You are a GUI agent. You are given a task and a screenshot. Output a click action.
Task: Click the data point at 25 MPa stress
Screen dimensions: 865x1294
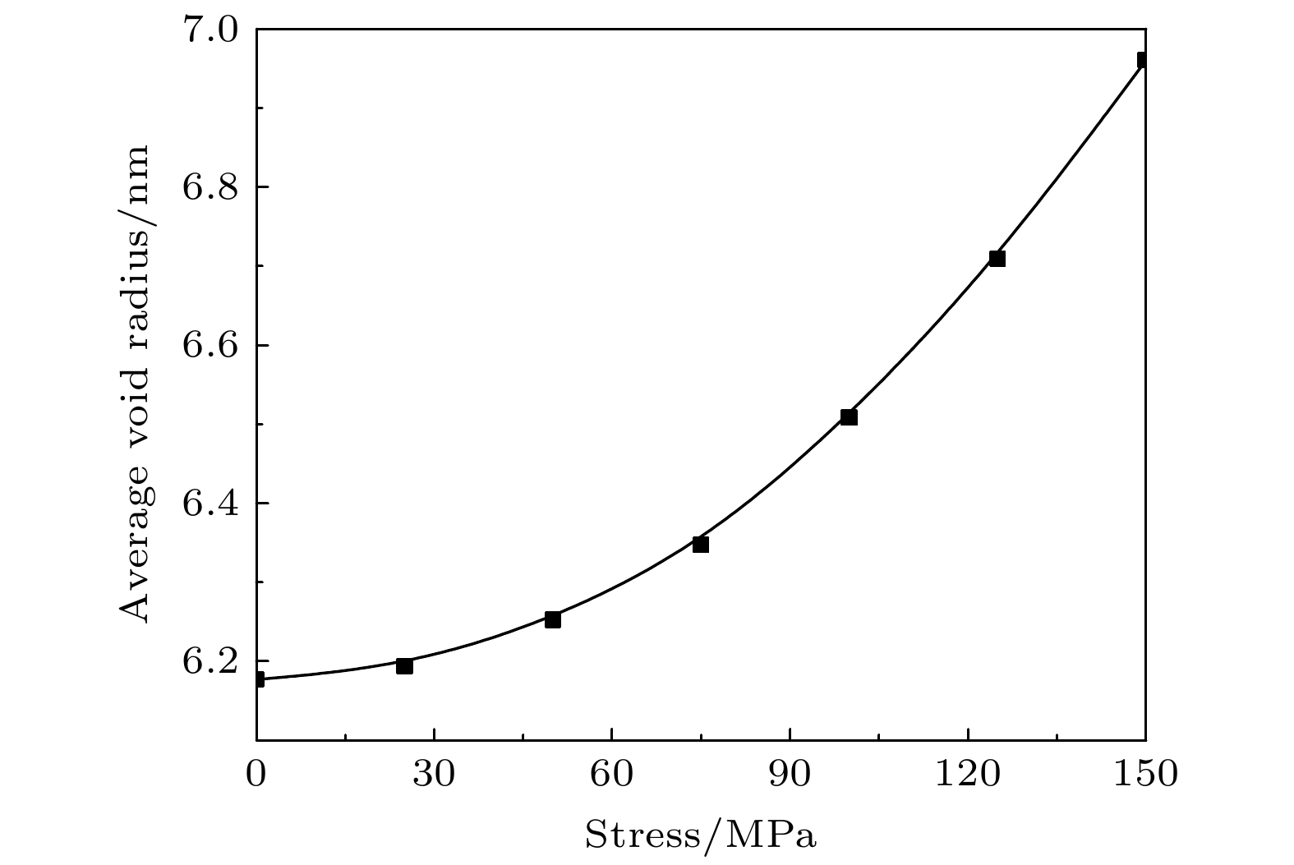pos(404,665)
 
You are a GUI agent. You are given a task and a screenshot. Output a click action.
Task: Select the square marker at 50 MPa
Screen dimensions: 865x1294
pos(553,619)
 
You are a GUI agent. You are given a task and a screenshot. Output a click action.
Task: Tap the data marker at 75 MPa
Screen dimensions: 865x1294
pos(701,545)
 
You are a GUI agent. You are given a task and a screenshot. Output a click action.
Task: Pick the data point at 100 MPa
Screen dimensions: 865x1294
pos(849,417)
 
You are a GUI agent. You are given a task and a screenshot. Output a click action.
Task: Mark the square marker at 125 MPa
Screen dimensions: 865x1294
pos(997,259)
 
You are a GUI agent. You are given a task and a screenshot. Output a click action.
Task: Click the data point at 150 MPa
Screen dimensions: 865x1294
pos(1143,60)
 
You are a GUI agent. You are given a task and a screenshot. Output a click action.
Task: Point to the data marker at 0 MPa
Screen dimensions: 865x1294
pos(259,679)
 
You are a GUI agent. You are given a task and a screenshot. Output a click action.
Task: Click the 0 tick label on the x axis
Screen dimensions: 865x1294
pos(257,775)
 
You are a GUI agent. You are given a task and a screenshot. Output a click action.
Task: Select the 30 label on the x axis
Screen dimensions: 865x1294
pos(435,775)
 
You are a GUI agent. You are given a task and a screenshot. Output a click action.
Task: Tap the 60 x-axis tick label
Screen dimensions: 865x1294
pos(612,775)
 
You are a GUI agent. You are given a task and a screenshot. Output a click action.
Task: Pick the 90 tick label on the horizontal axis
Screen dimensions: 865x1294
pos(790,775)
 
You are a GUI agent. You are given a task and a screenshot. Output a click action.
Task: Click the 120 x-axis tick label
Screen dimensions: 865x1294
pos(968,775)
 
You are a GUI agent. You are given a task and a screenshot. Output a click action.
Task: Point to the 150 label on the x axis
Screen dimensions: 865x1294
pos(1144,775)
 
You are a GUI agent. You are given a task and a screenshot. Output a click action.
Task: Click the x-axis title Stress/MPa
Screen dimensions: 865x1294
pos(702,835)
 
